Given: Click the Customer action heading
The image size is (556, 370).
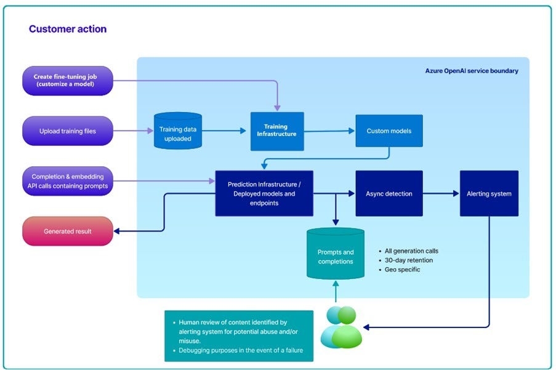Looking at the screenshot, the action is (x=68, y=29).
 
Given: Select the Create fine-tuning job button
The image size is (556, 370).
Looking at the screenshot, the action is (x=68, y=81).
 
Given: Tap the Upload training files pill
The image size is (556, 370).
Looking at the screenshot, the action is (x=68, y=131).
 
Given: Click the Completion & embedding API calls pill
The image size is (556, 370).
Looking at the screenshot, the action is (x=68, y=181).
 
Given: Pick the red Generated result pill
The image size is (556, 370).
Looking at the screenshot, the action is (x=68, y=231).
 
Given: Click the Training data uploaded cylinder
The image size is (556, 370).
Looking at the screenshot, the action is (x=178, y=131).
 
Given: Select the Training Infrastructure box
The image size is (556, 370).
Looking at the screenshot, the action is (x=277, y=131).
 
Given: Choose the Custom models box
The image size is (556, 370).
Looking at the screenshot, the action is (x=389, y=131).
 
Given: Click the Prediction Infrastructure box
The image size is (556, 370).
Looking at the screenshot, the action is (x=264, y=193).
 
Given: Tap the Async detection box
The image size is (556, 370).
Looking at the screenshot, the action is (x=389, y=193).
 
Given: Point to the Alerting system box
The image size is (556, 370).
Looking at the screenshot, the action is (x=489, y=193).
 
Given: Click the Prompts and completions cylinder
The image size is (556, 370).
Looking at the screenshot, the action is (x=336, y=254).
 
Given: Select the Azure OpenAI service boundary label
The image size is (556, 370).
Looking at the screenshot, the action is (x=472, y=71).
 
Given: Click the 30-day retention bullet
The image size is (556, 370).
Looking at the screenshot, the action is (x=408, y=260).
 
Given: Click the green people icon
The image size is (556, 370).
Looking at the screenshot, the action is (x=341, y=327).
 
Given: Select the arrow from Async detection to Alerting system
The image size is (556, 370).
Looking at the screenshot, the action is (x=441, y=193).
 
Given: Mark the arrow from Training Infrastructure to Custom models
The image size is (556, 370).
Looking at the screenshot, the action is (x=329, y=131).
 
